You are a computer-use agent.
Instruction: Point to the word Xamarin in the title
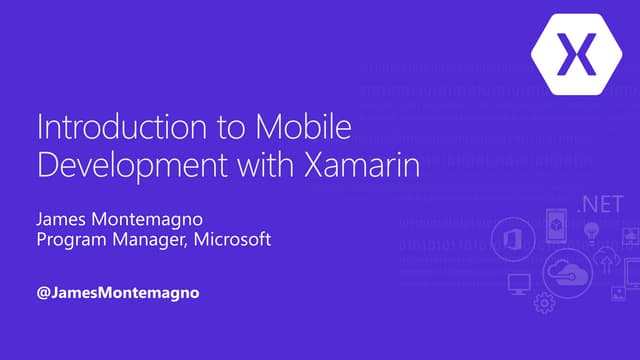357,163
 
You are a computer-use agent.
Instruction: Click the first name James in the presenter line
63,219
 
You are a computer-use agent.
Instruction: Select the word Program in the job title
74,241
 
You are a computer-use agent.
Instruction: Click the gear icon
545,302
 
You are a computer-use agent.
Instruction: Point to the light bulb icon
592,233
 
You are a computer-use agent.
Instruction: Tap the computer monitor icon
518,285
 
